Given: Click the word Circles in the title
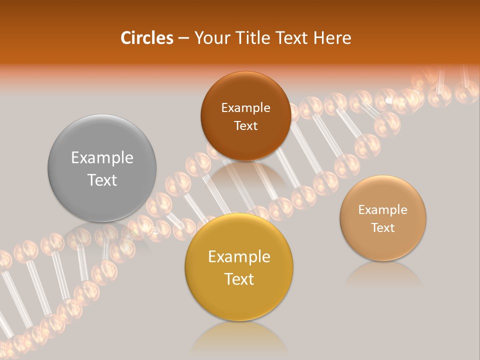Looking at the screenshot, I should click(x=146, y=38).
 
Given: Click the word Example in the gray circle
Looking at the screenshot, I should click(x=102, y=158).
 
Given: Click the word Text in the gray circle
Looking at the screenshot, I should click(x=102, y=180).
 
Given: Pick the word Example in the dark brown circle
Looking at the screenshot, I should click(x=245, y=108).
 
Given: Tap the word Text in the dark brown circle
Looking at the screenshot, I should click(x=245, y=126).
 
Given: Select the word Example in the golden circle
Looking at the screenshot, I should click(x=239, y=257).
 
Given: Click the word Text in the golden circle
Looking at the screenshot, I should click(x=239, y=279).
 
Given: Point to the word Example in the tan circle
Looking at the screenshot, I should click(x=383, y=210).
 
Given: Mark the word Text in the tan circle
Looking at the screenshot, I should click(x=383, y=228).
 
